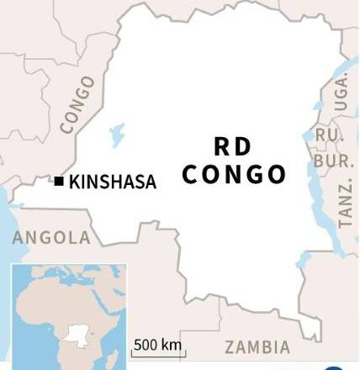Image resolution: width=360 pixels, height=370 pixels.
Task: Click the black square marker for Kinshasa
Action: pyautogui.click(x=59, y=180)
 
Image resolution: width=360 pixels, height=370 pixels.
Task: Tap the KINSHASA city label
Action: pyautogui.click(x=112, y=181)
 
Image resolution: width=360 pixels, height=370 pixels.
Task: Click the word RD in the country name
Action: pyautogui.click(x=232, y=146)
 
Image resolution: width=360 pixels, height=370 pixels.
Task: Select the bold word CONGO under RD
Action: pyautogui.click(x=234, y=174)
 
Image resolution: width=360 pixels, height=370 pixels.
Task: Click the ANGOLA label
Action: pyautogui.click(x=51, y=238)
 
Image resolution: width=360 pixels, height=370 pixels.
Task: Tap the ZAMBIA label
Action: pyautogui.click(x=257, y=346)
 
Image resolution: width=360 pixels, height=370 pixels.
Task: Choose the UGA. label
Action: pyautogui.click(x=341, y=92)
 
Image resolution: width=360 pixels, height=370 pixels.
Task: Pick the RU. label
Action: pyautogui.click(x=326, y=135)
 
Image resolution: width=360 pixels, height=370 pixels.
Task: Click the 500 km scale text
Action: pyautogui.click(x=158, y=345)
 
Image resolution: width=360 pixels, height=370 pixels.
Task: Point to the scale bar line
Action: pyautogui.click(x=159, y=355)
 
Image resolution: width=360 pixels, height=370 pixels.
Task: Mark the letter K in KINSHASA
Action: pyautogui.click(x=73, y=181)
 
